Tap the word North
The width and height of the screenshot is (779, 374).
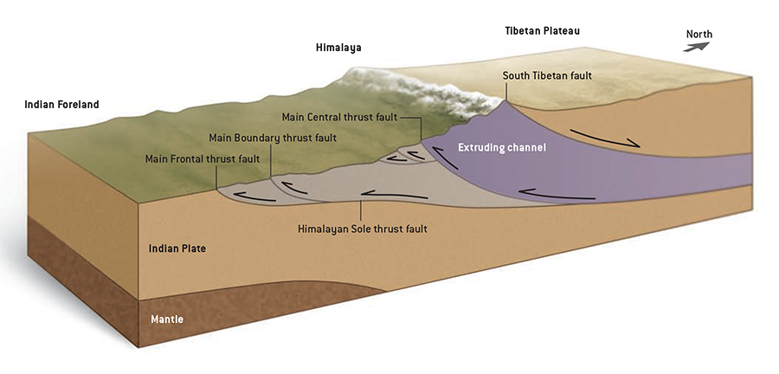(x=699, y=35)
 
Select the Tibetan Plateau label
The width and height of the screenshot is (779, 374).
(x=542, y=31)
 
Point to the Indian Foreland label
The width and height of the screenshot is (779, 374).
(x=62, y=105)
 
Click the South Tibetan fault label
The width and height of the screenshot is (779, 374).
(x=547, y=75)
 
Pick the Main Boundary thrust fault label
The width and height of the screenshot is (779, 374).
(x=273, y=138)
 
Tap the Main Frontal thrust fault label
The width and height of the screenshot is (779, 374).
(x=203, y=158)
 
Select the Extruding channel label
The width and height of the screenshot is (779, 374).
(x=502, y=148)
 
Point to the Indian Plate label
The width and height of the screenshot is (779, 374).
(x=176, y=248)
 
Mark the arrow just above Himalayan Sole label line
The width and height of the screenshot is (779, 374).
(x=381, y=194)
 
